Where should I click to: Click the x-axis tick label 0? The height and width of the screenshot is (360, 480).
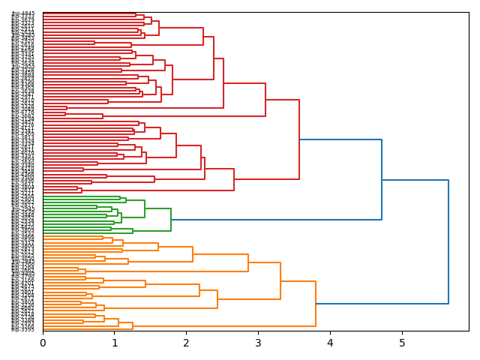point(43,343)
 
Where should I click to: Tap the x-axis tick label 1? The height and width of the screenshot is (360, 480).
point(115,343)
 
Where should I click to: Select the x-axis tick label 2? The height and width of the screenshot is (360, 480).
point(186,343)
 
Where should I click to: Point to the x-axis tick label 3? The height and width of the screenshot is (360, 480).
point(258,343)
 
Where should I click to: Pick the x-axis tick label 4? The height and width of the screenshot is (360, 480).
point(330,343)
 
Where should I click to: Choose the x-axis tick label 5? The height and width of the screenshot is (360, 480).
point(402,343)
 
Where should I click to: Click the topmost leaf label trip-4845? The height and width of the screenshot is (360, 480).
point(23,13)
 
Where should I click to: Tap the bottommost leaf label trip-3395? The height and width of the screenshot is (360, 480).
point(23,329)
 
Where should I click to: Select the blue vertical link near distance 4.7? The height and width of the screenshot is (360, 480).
point(382,180)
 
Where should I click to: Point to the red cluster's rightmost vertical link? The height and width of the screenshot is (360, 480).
point(299,139)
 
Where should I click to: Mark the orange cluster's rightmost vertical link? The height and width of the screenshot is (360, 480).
point(316,304)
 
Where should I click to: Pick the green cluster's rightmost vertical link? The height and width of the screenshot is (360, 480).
point(171,220)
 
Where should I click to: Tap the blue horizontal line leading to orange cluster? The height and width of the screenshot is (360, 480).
point(382,304)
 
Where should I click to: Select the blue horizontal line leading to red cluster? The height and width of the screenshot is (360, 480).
point(340,139)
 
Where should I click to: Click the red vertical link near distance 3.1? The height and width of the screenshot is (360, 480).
point(265,100)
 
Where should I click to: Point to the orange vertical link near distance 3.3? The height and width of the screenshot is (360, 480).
point(280,281)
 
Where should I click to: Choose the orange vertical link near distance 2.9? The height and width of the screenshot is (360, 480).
point(248,262)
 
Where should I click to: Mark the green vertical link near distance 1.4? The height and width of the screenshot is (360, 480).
point(145,209)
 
